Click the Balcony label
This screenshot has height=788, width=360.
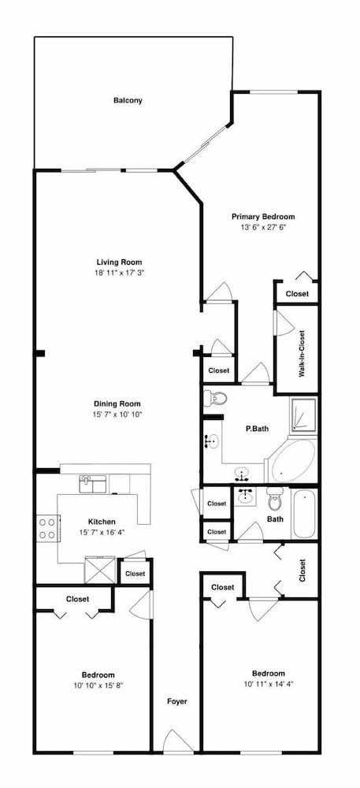pos(128,101)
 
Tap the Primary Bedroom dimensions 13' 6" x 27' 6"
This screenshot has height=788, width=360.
pos(263,227)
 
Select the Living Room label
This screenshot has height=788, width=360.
pos(119,262)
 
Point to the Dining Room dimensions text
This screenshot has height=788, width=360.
pos(117,414)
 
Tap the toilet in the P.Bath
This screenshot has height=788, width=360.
pos(215,399)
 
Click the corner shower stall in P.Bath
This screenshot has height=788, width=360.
pos(302,414)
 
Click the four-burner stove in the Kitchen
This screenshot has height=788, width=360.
pos(48,528)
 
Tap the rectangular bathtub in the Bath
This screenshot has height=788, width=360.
pos(304,514)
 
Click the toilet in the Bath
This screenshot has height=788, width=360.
pos(275,499)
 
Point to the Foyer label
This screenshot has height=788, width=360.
pos(177,701)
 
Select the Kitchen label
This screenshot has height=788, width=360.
pos(102,522)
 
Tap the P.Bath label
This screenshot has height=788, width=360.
pos(257,429)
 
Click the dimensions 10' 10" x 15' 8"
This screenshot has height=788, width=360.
pos(98,685)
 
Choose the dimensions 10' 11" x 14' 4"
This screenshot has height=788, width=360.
pos(268,683)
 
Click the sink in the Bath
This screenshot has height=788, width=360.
pos(246,496)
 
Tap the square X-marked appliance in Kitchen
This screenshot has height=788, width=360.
pos(100,570)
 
